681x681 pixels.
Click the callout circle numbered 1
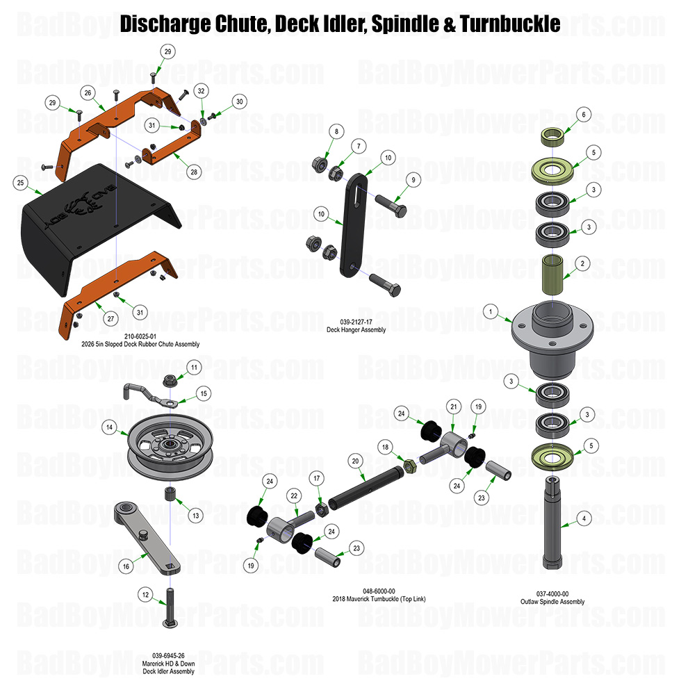(492, 313)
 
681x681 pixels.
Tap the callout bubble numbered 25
(20, 182)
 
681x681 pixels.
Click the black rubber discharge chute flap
(90, 229)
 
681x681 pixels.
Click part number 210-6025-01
(140, 337)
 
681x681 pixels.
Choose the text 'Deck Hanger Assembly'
(356, 330)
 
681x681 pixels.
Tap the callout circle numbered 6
(583, 114)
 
